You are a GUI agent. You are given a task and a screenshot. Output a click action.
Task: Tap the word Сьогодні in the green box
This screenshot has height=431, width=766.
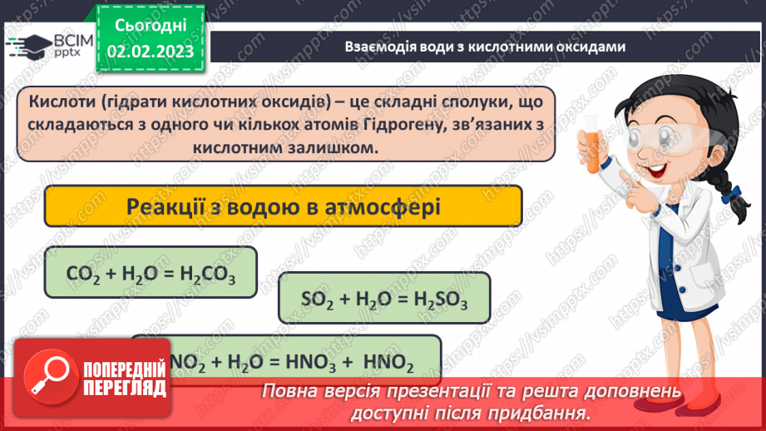pos(150,26)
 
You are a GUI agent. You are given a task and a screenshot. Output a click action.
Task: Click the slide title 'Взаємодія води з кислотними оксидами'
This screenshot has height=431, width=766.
pos(484,47)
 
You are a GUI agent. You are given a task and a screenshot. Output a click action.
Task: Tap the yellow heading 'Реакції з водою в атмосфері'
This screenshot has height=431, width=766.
pos(282,206)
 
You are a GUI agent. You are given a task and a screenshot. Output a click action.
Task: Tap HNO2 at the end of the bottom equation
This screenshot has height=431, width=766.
pos(389,362)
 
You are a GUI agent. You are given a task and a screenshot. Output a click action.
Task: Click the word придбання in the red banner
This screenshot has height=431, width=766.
pos(546,412)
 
